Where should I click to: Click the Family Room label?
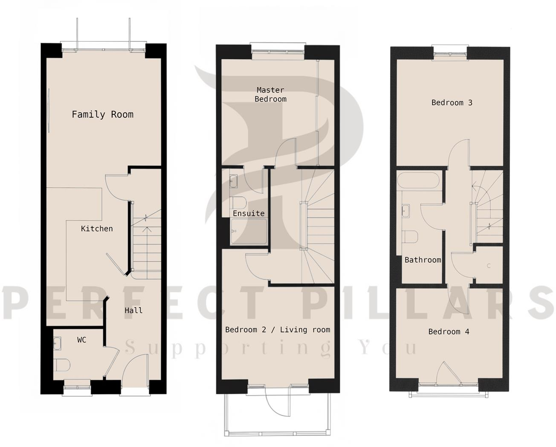click(x=102, y=114)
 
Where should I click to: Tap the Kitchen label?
click(x=97, y=229)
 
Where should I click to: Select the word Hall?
click(x=133, y=311)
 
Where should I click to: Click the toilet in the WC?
click(x=62, y=366)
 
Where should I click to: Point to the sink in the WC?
click(x=58, y=342)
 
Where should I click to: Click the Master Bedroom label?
click(x=270, y=94)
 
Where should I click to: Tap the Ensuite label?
click(x=249, y=213)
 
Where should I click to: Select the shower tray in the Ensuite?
click(x=249, y=232)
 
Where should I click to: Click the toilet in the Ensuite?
click(x=237, y=202)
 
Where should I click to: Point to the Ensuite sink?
click(x=234, y=181)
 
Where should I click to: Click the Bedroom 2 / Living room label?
click(x=278, y=330)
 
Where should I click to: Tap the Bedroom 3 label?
click(x=452, y=102)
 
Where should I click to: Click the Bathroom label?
click(x=423, y=260)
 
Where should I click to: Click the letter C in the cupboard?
click(x=489, y=266)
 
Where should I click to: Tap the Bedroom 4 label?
click(x=449, y=331)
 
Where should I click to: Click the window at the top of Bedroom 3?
click(x=450, y=52)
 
